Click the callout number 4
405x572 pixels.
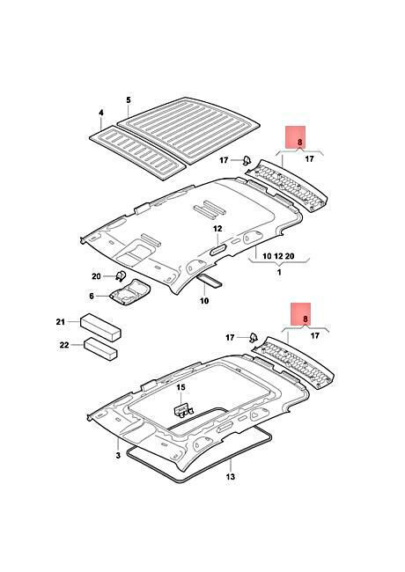[x=101, y=114]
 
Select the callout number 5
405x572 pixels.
[x=129, y=100]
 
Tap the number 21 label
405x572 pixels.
[x=60, y=322]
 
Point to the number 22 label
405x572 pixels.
[x=64, y=345]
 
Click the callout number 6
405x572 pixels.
[x=92, y=296]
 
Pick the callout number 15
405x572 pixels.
[x=181, y=387]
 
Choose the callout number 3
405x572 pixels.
[x=118, y=456]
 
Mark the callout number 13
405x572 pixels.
[x=231, y=477]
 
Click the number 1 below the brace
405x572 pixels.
[x=279, y=272]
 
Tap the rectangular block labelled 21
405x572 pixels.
[x=100, y=326]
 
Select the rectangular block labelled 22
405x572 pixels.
[x=100, y=348]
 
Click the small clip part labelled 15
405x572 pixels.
[x=183, y=410]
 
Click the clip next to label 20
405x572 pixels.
[x=120, y=275]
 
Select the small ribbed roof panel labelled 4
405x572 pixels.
[x=137, y=152]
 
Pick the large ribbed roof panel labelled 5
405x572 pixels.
[x=188, y=128]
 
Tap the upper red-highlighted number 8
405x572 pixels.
[x=300, y=142]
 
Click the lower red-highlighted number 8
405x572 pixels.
[x=306, y=319]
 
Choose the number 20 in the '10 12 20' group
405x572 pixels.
[x=290, y=256]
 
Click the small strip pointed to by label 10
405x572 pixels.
[x=210, y=281]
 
